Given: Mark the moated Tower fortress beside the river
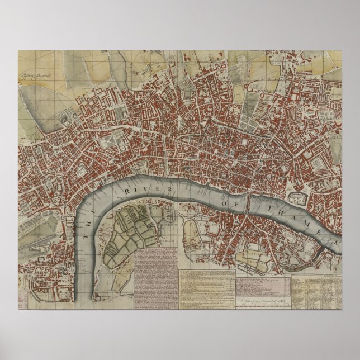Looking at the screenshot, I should pyautogui.click(x=297, y=198).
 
